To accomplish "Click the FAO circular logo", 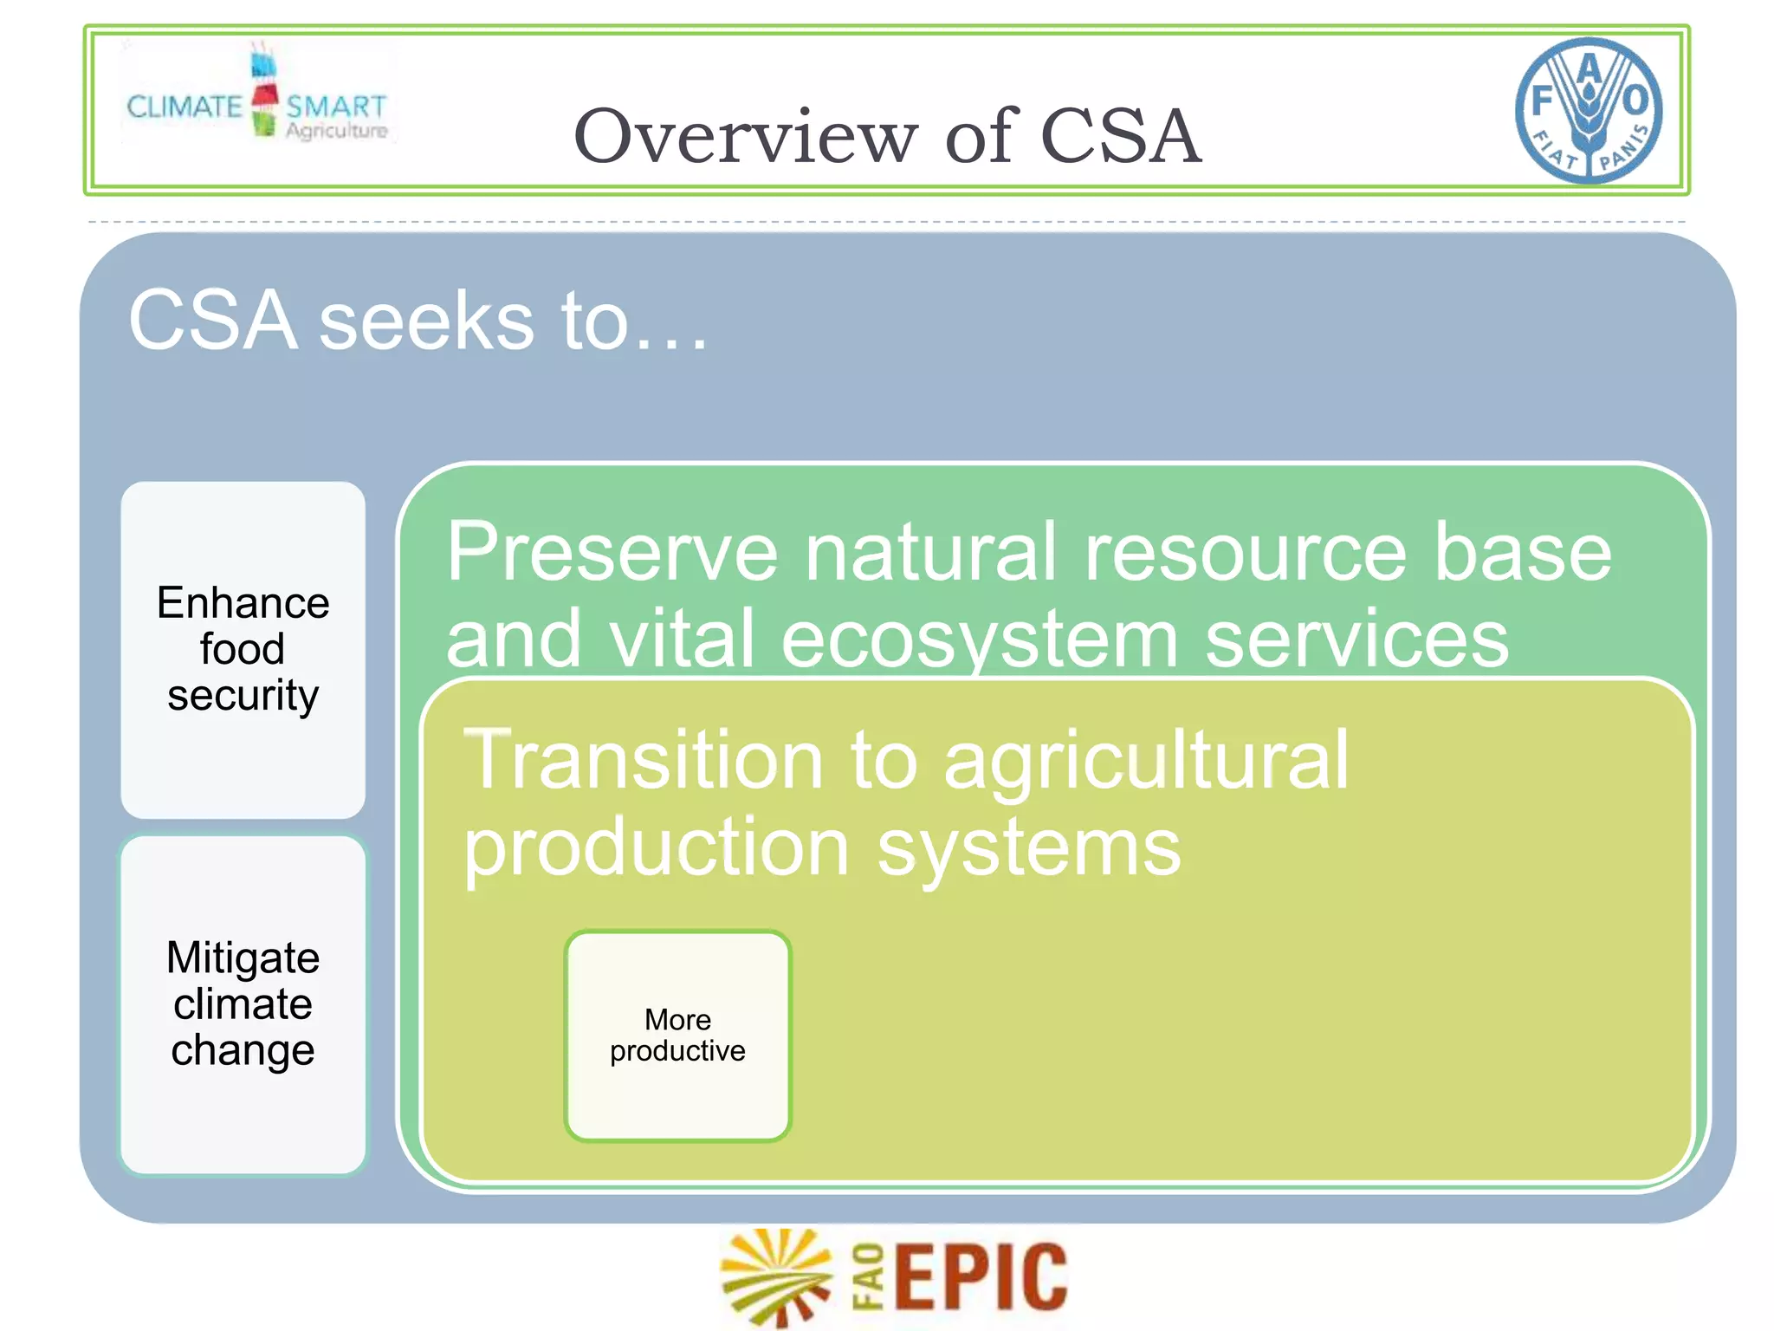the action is tap(1589, 110).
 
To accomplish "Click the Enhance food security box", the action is tap(243, 650).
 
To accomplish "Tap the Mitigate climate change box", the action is tap(243, 1005).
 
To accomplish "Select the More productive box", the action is tap(677, 1036).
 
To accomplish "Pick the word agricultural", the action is tap(1146, 763).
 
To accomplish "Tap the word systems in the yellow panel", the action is tap(1029, 849).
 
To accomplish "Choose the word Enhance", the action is tap(243, 603).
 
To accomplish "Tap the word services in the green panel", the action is tap(1357, 639).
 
